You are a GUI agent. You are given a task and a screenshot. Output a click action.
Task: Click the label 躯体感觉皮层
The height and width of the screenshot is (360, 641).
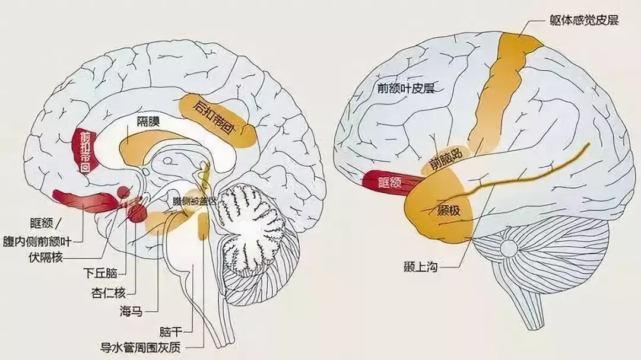point(584,21)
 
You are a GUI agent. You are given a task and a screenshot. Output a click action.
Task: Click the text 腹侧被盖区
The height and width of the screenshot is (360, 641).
point(194,202)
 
